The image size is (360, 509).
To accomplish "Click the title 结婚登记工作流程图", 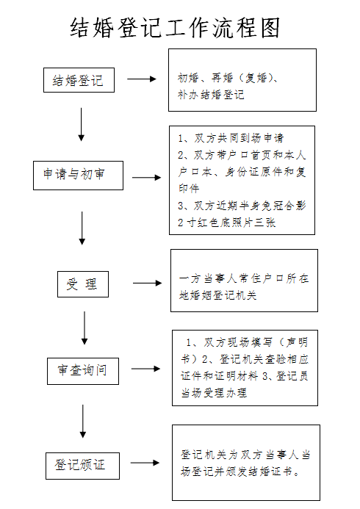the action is (x=175, y=28).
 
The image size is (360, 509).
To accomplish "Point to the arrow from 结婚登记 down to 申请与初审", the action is (x=81, y=125).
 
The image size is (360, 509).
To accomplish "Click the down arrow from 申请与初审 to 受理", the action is (x=82, y=228).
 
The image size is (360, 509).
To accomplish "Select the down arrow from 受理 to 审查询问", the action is (x=84, y=328).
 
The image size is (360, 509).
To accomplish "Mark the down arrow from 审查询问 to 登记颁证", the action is (x=83, y=422).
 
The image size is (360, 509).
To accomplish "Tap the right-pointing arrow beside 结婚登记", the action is (x=142, y=79).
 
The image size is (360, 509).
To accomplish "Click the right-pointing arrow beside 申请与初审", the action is (x=146, y=178).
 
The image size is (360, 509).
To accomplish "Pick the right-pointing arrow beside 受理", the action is (x=148, y=283).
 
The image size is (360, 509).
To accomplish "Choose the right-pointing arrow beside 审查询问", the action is (x=145, y=369).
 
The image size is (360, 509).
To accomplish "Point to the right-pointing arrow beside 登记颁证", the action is (x=145, y=463).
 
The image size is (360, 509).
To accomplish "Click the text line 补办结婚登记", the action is (x=211, y=95).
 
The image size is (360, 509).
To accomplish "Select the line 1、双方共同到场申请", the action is (x=231, y=138).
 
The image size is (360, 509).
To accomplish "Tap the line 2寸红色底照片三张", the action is (x=226, y=223).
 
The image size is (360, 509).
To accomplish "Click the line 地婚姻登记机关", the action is (x=217, y=295).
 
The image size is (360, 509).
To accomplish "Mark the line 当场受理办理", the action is (x=214, y=393).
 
